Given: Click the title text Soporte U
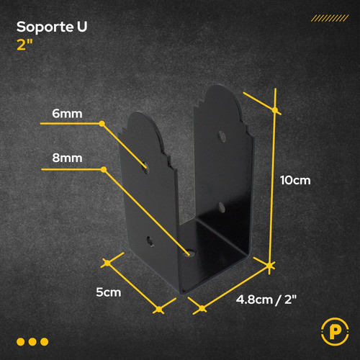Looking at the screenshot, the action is pyautogui.click(x=52, y=27).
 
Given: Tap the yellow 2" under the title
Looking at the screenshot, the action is pyautogui.click(x=24, y=45).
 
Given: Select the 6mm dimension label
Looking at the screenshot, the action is pyautogui.click(x=67, y=114).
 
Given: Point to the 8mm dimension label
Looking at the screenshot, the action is pyautogui.click(x=67, y=158).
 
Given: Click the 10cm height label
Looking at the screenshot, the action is pyautogui.click(x=295, y=180).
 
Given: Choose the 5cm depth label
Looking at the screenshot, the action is pyautogui.click(x=109, y=292).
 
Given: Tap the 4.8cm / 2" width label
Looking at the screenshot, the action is pyautogui.click(x=266, y=300).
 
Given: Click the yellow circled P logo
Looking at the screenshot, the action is pyautogui.click(x=335, y=331).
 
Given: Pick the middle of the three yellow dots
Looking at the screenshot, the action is pyautogui.click(x=32, y=342).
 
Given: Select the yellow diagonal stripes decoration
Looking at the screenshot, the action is pyautogui.click(x=330, y=18).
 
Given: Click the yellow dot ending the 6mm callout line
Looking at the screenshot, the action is pyautogui.click(x=102, y=124).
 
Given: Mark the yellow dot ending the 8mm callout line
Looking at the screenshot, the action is pyautogui.click(x=104, y=170).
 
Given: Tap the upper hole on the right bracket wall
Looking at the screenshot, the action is pyautogui.click(x=222, y=136).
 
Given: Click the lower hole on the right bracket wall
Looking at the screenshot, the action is pyautogui.click(x=221, y=207).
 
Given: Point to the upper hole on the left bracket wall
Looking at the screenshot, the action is pyautogui.click(x=145, y=168).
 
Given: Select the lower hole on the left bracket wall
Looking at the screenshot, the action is pyautogui.click(x=150, y=241).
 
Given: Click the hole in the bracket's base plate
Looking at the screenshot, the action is pyautogui.click(x=191, y=253).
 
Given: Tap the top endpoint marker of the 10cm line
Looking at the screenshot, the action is pyautogui.click(x=275, y=110).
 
